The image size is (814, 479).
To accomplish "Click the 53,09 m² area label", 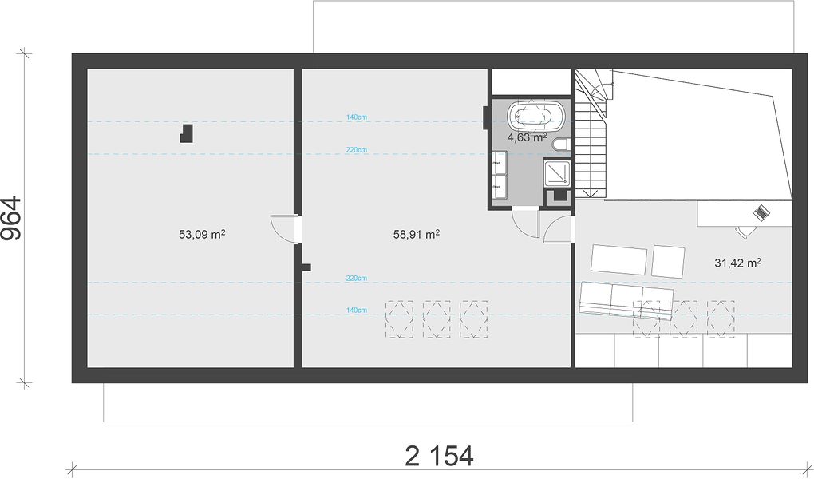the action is (x=202, y=234).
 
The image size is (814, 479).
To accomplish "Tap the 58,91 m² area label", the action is (x=417, y=234).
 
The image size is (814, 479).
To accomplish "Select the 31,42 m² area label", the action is (x=737, y=263).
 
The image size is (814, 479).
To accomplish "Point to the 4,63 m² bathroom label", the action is (x=527, y=137).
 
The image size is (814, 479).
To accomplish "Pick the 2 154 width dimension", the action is (x=439, y=456).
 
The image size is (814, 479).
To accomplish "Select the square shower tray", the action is (x=557, y=174).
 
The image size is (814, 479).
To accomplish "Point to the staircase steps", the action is (x=593, y=136).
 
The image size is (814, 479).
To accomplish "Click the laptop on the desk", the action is (x=761, y=212).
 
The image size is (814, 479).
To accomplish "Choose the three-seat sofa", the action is (x=626, y=301).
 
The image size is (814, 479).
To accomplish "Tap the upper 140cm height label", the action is (x=357, y=117).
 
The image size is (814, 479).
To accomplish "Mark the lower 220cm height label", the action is (x=357, y=279).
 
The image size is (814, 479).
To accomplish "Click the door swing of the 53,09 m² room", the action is (x=283, y=228).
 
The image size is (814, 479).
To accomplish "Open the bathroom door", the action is (x=525, y=223).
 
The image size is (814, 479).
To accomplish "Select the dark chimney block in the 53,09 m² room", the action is (x=187, y=133).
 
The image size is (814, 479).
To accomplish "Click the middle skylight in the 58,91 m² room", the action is (x=437, y=319).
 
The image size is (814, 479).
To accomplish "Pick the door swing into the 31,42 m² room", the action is (x=558, y=230).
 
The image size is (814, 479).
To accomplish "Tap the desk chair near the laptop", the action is (x=745, y=232).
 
